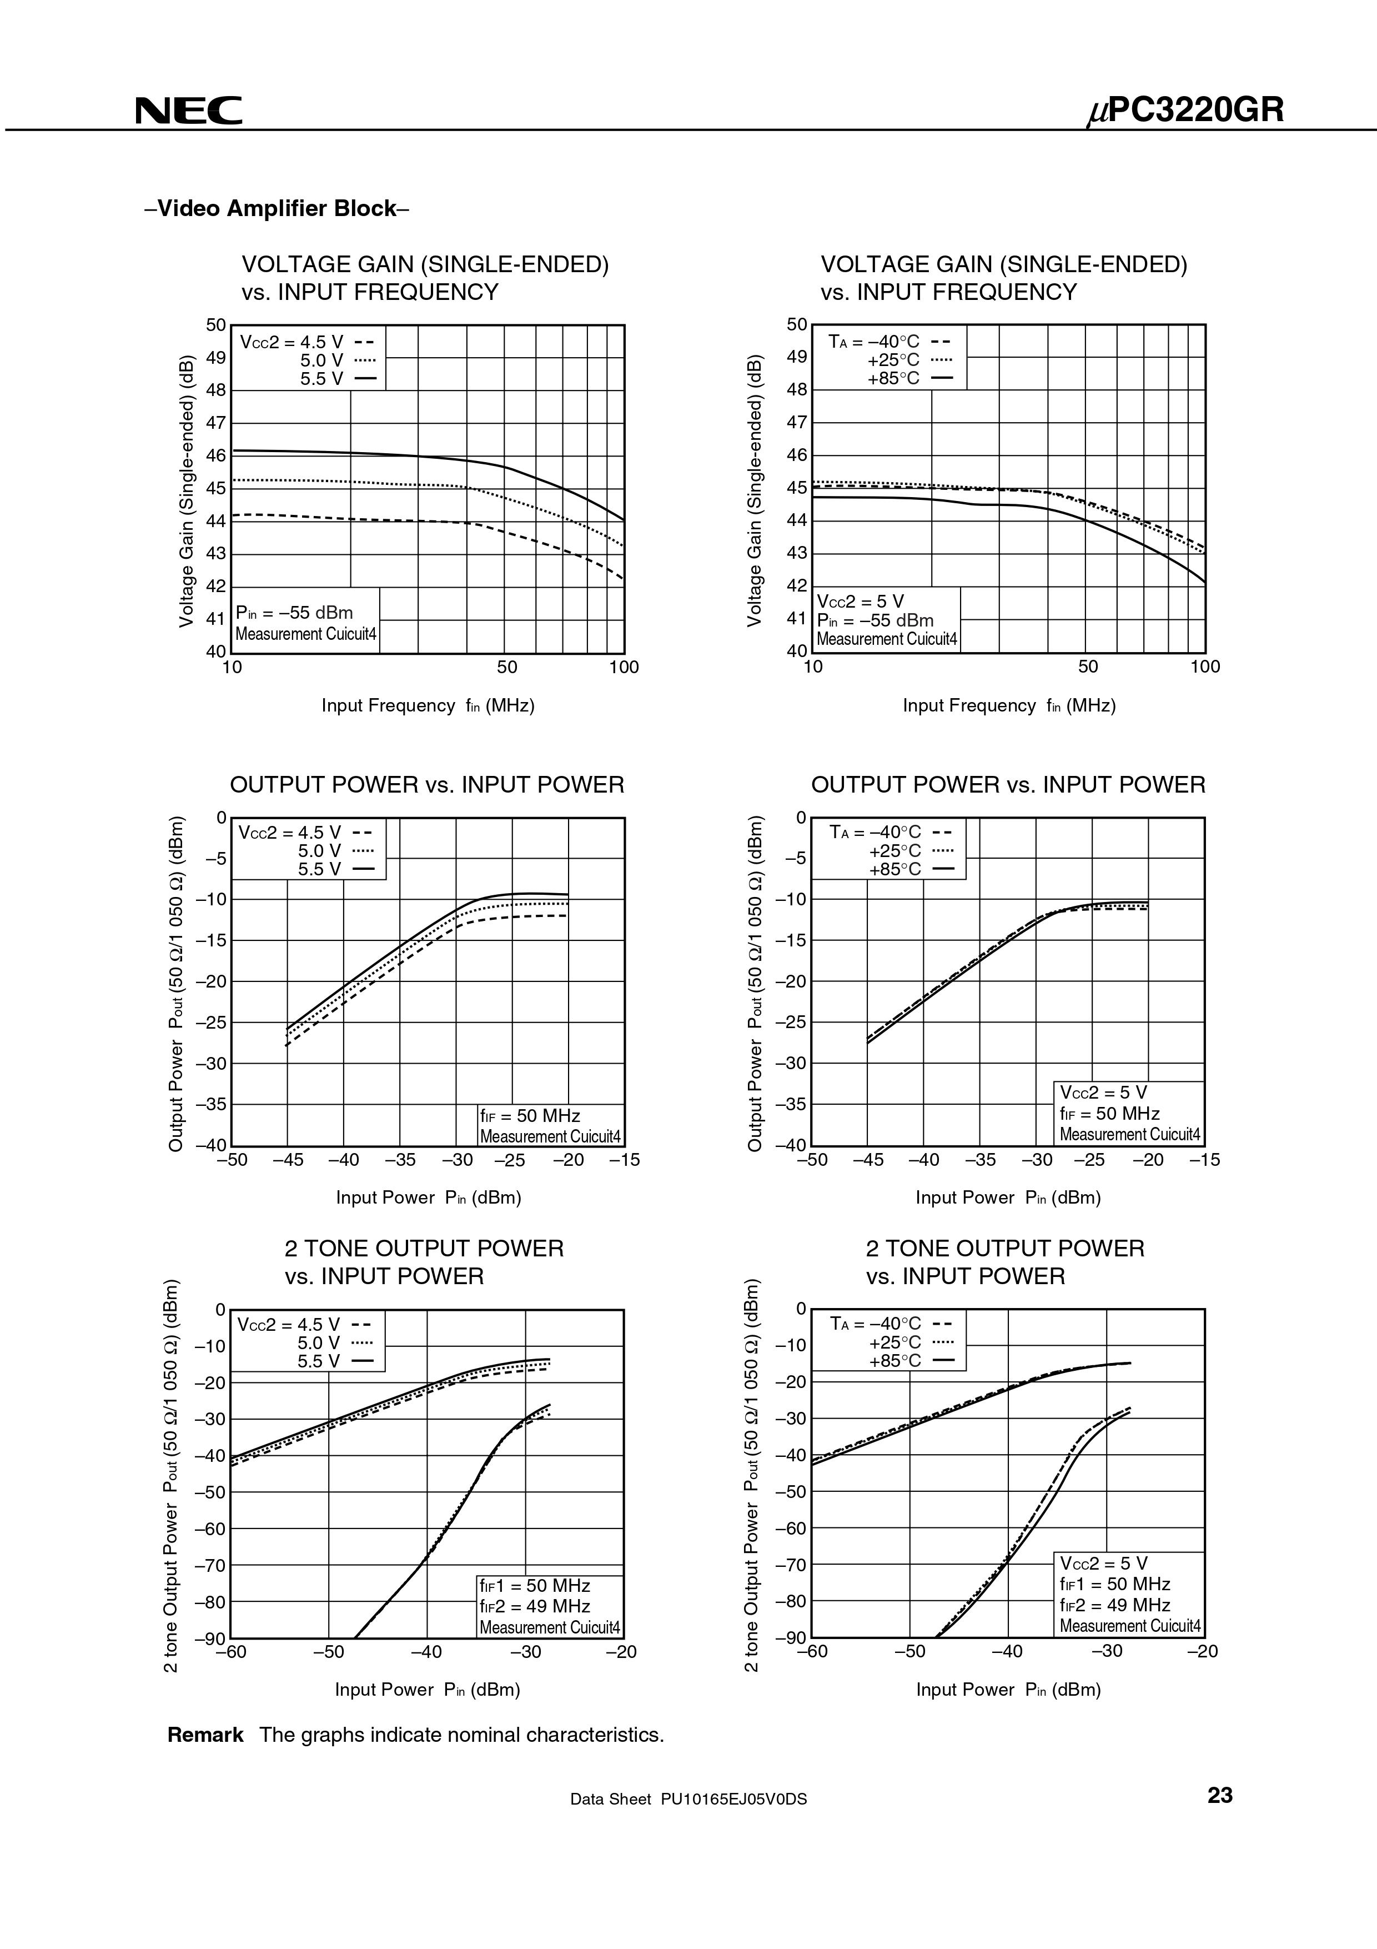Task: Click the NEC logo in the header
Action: pos(188,111)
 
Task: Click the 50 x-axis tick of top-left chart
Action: pos(506,667)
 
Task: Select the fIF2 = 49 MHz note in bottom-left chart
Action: pos(535,1605)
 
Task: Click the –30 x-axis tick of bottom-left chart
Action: pos(525,1651)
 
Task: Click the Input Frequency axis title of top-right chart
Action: pos(1009,705)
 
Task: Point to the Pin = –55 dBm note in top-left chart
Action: pos(294,613)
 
